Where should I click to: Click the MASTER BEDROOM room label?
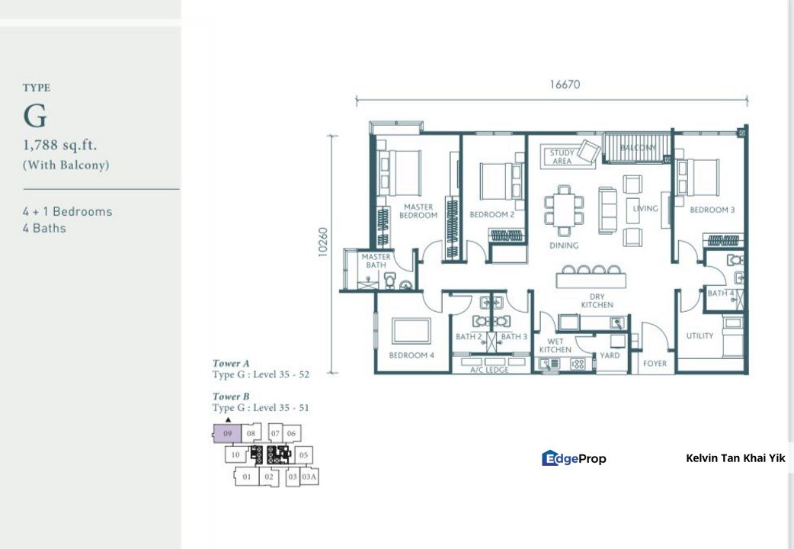[418, 211]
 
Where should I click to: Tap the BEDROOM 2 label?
[491, 214]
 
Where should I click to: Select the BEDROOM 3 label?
[712, 210]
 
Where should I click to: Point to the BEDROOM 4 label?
[411, 355]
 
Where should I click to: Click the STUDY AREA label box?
[562, 156]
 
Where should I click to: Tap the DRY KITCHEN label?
[597, 300]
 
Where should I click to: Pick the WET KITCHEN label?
[555, 345]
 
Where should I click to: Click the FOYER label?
[655, 363]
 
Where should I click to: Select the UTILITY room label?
[700, 335]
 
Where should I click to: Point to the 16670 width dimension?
[565, 85]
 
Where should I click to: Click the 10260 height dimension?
[323, 242]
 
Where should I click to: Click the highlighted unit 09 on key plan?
[227, 434]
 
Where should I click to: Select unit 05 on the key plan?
[303, 454]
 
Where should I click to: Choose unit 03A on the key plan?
[309, 477]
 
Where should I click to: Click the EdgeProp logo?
[574, 458]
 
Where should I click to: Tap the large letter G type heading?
[35, 116]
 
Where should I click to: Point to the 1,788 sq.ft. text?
[59, 145]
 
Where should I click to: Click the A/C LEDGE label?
[489, 370]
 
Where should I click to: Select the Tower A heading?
[231, 363]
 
